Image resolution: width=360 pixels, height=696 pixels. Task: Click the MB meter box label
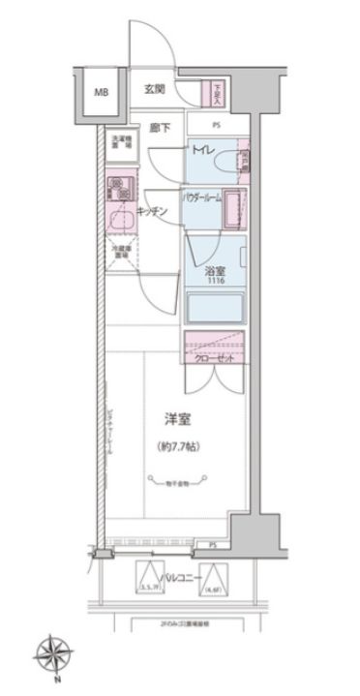click(x=101, y=93)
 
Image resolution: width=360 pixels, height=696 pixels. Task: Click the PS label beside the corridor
click(x=218, y=126)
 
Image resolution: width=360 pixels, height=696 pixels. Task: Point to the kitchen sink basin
click(x=120, y=221)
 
